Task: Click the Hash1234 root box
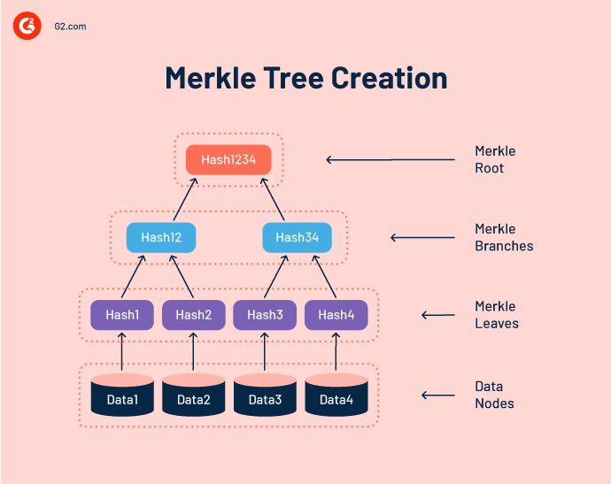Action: pos(228,159)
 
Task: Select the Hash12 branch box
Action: pos(160,237)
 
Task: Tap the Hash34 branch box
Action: pos(297,237)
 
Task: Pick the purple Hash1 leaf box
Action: pos(122,315)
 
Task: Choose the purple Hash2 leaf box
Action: pos(193,315)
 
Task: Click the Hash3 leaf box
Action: pos(264,315)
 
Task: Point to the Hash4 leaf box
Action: pos(336,315)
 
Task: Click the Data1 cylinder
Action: pos(122,396)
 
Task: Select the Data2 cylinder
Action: pos(193,396)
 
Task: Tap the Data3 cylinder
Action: pos(265,396)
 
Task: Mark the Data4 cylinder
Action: pos(336,396)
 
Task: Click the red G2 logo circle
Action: pos(27,27)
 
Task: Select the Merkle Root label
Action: pos(495,159)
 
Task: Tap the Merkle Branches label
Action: pos(504,237)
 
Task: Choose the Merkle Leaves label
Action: pos(497,315)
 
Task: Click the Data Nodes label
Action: pos(494,395)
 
